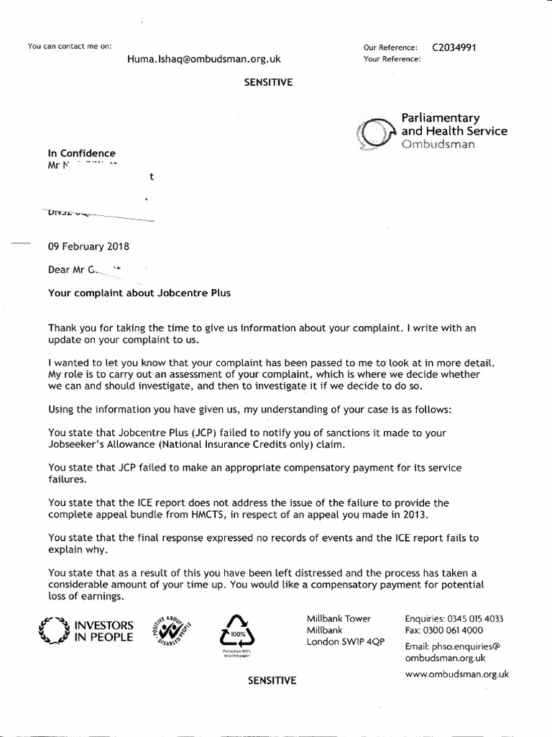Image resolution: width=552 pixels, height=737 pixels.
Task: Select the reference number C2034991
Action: click(x=454, y=48)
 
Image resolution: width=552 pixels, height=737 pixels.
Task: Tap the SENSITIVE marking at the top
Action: click(x=270, y=83)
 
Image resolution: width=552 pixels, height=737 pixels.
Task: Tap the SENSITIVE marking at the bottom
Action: click(x=272, y=679)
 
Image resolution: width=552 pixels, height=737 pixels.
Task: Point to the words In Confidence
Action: click(x=81, y=153)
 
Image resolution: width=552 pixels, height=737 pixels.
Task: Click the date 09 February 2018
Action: click(x=88, y=245)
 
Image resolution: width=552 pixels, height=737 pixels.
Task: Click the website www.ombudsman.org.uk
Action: click(x=457, y=674)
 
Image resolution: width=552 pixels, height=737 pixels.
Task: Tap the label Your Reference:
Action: click(x=392, y=59)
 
